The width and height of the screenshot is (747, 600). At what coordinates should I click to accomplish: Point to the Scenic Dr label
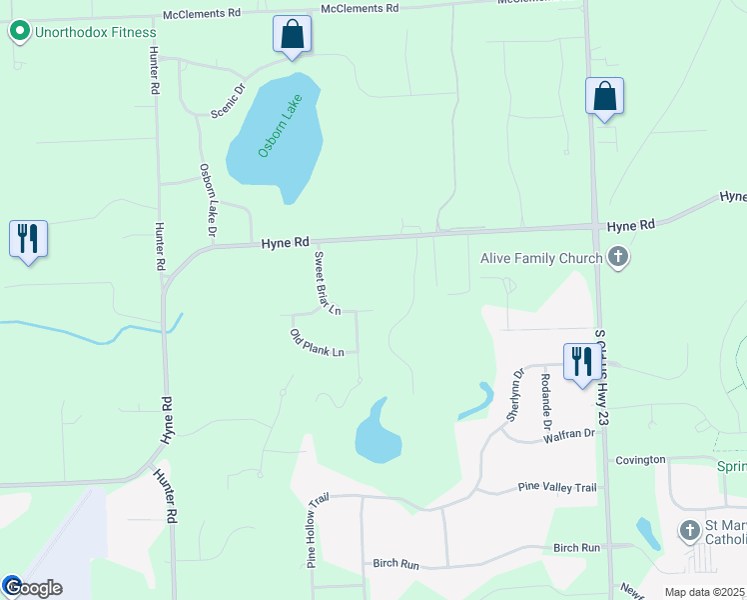(228, 101)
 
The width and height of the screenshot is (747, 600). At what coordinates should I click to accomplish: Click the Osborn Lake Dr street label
(208, 200)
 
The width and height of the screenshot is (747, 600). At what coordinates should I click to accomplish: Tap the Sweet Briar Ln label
(327, 283)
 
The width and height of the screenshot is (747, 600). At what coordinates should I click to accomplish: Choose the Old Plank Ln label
(317, 343)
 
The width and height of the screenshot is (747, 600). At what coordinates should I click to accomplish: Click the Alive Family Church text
(541, 259)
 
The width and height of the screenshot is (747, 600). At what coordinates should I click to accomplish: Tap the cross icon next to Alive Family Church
(618, 258)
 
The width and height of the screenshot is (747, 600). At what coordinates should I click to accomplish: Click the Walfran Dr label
(569, 435)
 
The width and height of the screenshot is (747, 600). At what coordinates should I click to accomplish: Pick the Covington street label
(640, 460)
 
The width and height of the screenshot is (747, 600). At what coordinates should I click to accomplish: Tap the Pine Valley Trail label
(557, 488)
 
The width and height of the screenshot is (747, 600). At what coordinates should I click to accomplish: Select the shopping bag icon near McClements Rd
(293, 35)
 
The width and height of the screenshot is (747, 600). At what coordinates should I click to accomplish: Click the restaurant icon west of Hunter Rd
(28, 239)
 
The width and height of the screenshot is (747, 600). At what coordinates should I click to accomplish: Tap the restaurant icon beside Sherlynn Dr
(580, 361)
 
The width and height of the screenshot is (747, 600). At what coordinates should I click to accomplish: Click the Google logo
(32, 587)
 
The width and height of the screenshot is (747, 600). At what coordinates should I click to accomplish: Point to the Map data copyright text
(704, 592)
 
